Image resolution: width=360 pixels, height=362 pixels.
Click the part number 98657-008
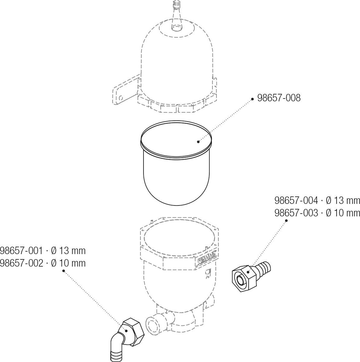279,98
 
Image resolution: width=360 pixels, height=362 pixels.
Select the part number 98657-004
296,200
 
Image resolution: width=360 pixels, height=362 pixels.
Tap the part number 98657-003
296,213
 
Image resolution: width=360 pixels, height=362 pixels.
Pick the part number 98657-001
21,251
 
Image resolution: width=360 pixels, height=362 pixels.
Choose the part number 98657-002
21,263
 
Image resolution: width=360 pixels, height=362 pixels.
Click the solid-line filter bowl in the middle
176,162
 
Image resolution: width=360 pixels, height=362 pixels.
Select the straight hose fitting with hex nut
250,276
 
